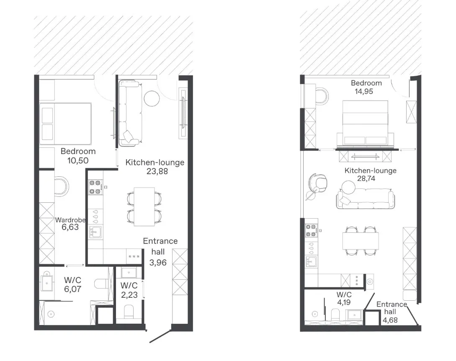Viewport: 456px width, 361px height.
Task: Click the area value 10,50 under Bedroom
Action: [77, 160]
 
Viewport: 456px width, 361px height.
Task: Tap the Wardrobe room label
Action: [70, 220]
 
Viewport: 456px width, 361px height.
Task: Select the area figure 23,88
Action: [157, 171]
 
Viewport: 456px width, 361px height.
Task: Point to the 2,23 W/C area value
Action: [129, 295]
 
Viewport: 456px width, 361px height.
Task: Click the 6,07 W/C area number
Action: [73, 289]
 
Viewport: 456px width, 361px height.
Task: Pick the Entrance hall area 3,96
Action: [158, 263]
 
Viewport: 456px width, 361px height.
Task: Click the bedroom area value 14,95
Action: [364, 91]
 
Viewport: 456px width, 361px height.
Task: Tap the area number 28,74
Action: [366, 178]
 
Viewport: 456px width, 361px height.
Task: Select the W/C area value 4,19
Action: [344, 302]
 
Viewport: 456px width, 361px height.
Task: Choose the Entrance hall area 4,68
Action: [390, 320]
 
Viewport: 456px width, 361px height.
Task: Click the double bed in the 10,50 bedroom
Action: [65, 124]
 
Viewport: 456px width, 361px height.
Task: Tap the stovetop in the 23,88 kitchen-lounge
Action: [95, 187]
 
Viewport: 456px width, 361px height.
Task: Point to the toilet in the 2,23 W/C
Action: [129, 312]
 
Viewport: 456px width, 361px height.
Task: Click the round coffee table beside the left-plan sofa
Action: [152, 98]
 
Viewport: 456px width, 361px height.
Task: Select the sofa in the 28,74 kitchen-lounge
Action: [366, 199]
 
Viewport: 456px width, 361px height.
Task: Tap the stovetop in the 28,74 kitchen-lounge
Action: [311, 230]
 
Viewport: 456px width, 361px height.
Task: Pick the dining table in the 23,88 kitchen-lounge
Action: [144, 206]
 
